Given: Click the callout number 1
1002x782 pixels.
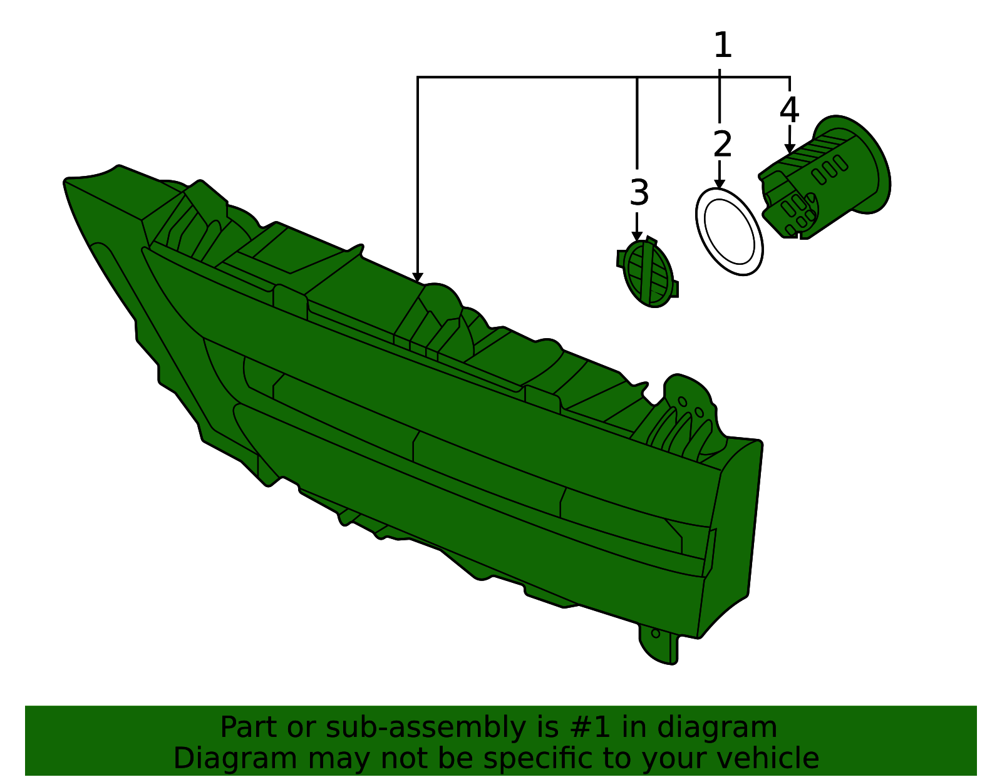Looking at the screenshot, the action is coord(722,45).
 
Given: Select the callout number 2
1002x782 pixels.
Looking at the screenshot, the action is coord(722,144).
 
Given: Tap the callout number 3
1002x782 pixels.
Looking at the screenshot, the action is coord(639,193).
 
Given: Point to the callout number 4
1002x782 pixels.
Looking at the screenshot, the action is coord(789,110).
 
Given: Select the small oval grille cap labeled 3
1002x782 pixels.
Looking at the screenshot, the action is coord(648,273).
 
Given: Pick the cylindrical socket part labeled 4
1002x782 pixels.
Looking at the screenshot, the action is coord(825,177).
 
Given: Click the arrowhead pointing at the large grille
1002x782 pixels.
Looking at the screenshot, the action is coord(417,277).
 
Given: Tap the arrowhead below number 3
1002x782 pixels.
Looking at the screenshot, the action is coord(637,236).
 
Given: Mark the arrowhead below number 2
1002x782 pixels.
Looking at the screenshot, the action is coord(720,184).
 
